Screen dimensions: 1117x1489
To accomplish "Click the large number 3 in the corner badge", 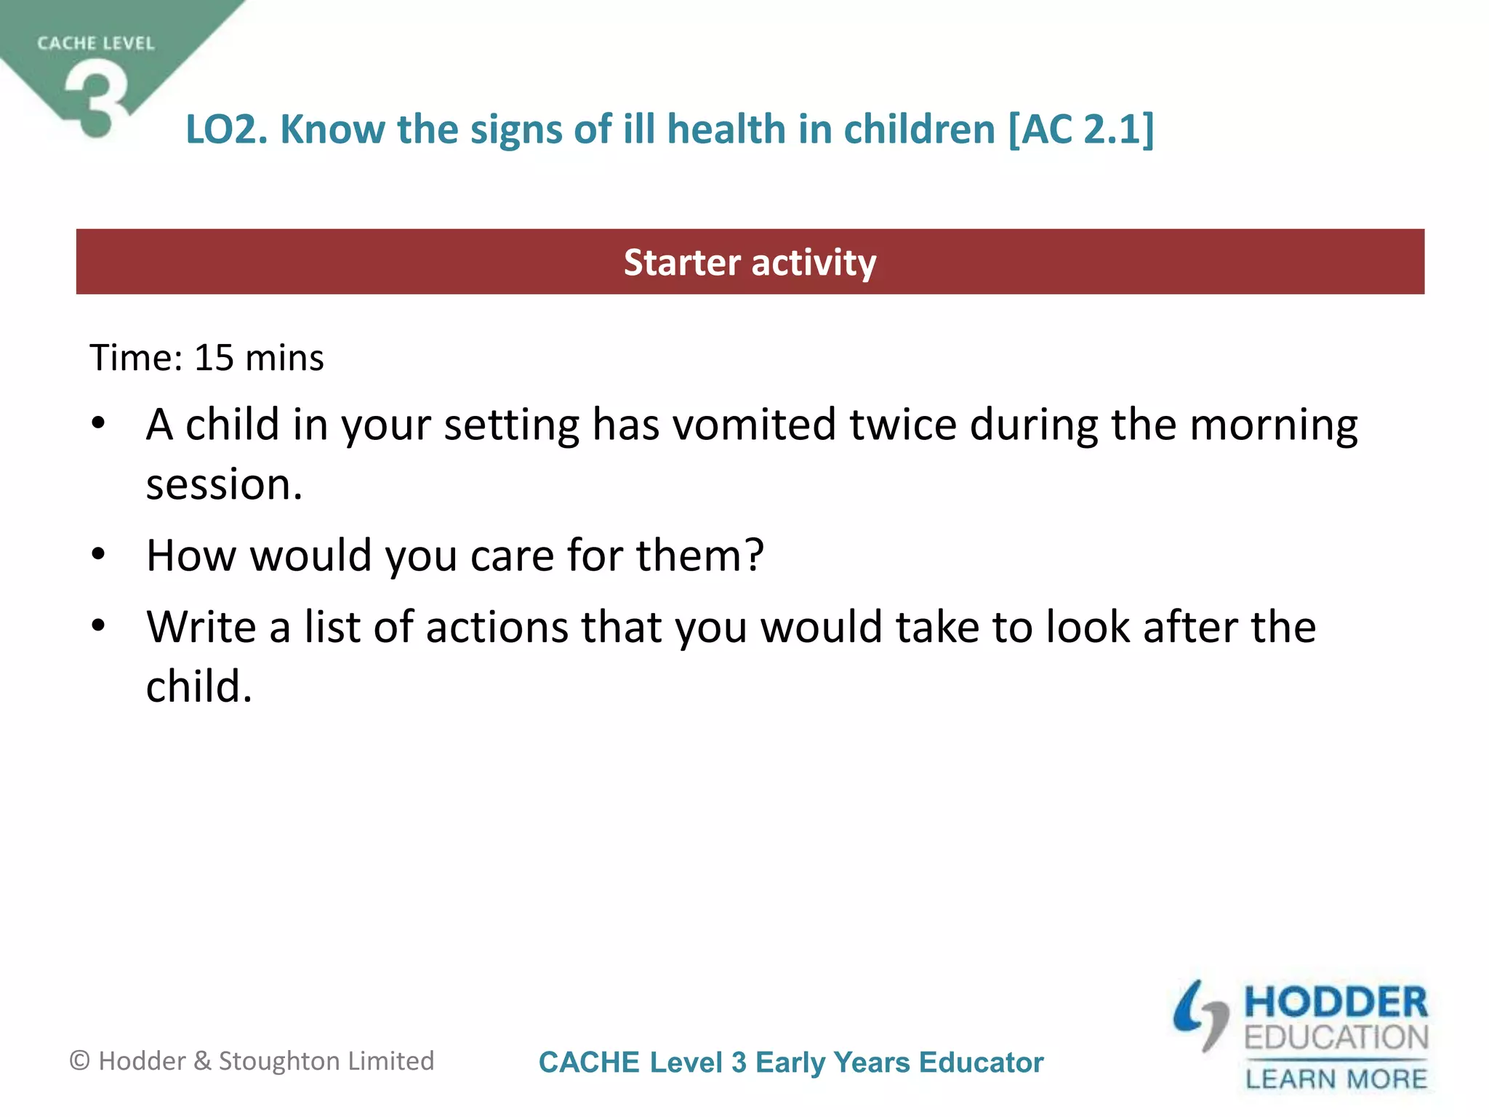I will click(x=97, y=98).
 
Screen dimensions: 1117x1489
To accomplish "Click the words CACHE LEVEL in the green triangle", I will click(x=96, y=44).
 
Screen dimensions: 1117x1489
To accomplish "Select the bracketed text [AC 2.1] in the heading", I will click(x=1080, y=129).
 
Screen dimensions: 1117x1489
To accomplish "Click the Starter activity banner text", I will click(x=750, y=263).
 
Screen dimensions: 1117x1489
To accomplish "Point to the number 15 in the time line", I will click(x=214, y=358).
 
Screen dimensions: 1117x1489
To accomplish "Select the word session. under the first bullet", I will click(x=224, y=484).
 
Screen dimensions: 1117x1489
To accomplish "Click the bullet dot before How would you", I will click(x=99, y=555).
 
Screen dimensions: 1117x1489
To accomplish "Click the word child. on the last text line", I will click(x=198, y=686).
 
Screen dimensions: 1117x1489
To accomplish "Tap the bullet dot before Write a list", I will click(x=99, y=625).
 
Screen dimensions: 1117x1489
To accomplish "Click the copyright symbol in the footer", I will click(x=79, y=1061).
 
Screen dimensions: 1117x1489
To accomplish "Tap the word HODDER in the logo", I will click(x=1336, y=1003).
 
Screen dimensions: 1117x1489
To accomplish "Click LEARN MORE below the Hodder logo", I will click(x=1336, y=1078).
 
